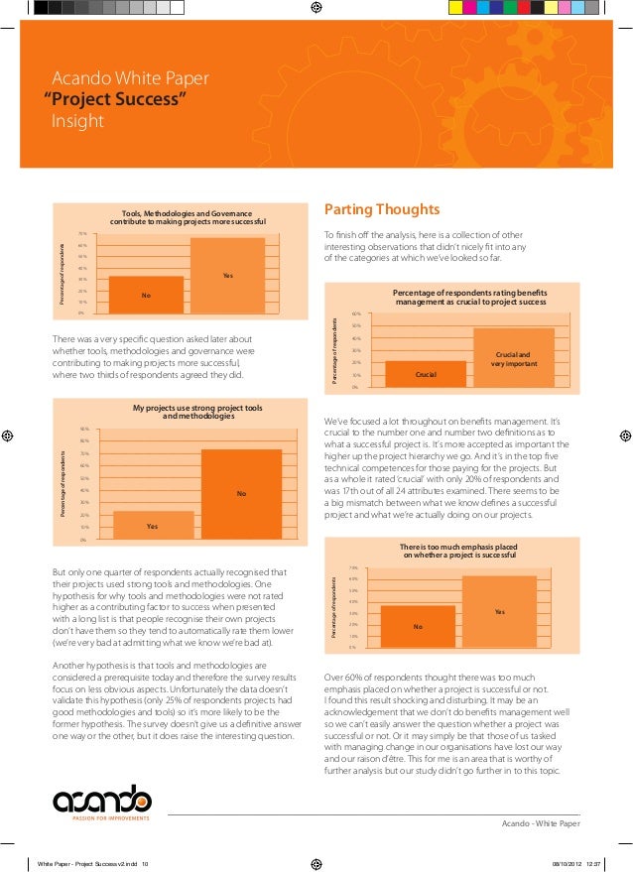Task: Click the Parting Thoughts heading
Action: (x=382, y=209)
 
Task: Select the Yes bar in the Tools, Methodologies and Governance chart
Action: (x=228, y=275)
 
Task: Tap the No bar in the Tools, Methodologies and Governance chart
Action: (x=146, y=295)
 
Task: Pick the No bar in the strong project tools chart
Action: (x=241, y=493)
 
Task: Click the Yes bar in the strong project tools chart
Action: (x=153, y=525)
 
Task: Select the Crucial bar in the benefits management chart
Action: (x=426, y=373)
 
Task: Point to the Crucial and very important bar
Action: (x=513, y=357)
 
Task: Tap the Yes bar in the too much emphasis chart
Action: (x=499, y=611)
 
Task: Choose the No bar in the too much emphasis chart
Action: (x=418, y=626)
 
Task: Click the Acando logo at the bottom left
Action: (x=102, y=800)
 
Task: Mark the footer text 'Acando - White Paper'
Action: (x=542, y=823)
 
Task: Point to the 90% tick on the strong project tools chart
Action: (x=84, y=429)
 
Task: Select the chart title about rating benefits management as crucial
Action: (x=470, y=297)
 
